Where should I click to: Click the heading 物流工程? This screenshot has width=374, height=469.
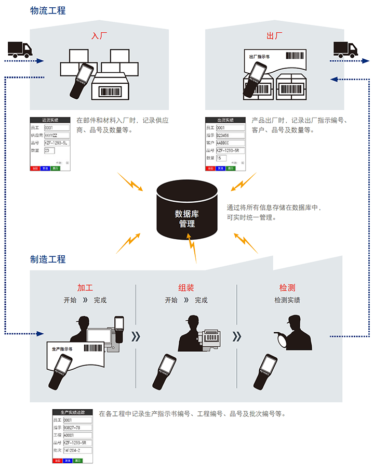point(48,10)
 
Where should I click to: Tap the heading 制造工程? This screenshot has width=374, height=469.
point(48,259)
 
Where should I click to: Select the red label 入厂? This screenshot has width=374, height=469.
point(99,36)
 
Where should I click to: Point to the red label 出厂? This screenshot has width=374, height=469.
point(274,36)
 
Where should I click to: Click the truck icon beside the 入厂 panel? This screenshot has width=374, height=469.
point(20,49)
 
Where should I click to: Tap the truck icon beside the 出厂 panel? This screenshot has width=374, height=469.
point(345,49)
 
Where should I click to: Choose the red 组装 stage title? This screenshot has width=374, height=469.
point(186,288)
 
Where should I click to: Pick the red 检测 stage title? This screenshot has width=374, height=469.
point(287,288)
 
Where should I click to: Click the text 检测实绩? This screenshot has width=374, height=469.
point(287,300)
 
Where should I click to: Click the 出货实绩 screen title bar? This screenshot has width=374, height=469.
point(224,120)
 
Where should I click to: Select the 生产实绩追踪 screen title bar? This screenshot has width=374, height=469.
point(73,413)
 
